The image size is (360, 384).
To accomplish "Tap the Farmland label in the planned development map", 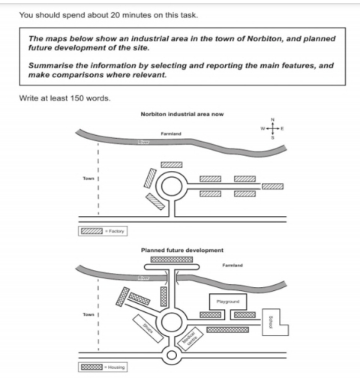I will (232, 265).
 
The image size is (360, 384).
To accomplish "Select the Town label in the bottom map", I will (87, 314).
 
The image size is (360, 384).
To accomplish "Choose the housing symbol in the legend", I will (92, 367).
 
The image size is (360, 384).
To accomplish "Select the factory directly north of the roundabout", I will (172, 164).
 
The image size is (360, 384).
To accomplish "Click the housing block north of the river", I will (172, 259).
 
